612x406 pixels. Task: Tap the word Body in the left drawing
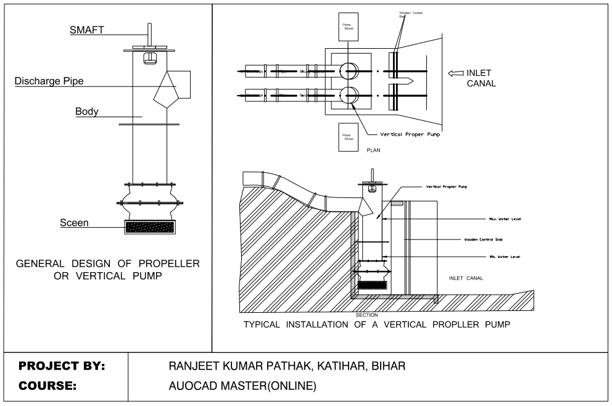pos(86,112)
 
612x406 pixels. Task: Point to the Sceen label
pos(73,223)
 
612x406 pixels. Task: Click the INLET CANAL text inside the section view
pos(466,278)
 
